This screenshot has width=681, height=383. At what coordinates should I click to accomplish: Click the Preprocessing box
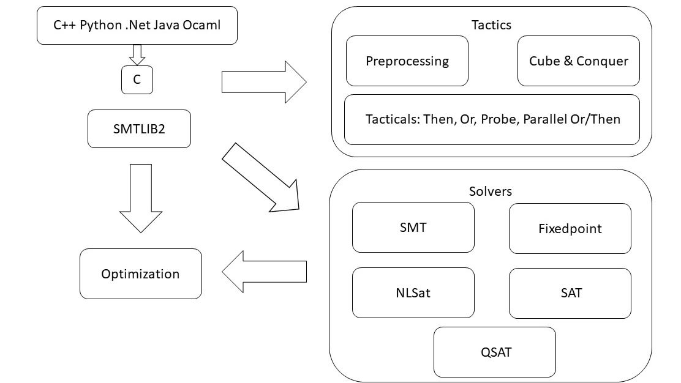coord(407,61)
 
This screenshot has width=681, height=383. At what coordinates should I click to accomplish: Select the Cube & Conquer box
coord(578,61)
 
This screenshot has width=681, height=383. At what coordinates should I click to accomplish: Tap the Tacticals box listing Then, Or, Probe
coord(492,119)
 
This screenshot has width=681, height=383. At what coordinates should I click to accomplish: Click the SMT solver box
coord(413,228)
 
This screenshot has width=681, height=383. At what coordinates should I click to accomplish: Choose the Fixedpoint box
coord(570,229)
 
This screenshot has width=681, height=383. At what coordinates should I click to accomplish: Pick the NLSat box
coord(413,292)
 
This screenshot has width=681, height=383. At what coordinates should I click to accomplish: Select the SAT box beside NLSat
coord(570,293)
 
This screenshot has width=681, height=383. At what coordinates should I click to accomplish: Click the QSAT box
coord(494,352)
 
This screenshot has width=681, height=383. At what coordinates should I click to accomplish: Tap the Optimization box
coord(140,273)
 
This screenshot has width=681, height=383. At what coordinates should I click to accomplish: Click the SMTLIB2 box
coord(139,129)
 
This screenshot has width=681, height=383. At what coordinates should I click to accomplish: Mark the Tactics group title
coord(491,25)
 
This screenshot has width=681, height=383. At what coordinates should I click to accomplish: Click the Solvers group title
coord(490,191)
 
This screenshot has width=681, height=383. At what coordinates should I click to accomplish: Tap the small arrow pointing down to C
coord(137,54)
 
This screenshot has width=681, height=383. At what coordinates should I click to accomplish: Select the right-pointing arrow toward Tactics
coord(263,81)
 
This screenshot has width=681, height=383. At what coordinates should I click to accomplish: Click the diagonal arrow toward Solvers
coord(260,178)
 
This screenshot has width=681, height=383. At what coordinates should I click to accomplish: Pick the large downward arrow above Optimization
coord(141,198)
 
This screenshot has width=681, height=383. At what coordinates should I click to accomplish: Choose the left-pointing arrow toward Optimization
coord(264,272)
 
